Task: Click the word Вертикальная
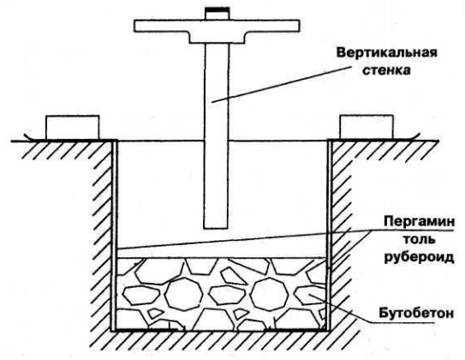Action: pyautogui.click(x=387, y=54)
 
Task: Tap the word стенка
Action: pyautogui.click(x=387, y=70)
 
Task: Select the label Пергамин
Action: pyautogui.click(x=419, y=222)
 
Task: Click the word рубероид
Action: pyautogui.click(x=420, y=257)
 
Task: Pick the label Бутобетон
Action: pyautogui.click(x=416, y=313)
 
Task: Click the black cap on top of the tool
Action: pyautogui.click(x=217, y=10)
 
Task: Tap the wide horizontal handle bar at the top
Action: pyautogui.click(x=217, y=26)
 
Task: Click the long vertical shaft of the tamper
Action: pyautogui.click(x=217, y=136)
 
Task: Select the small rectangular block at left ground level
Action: pyautogui.click(x=72, y=128)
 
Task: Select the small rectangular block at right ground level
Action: pyautogui.click(x=367, y=128)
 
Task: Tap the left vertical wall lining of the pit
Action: pyautogui.click(x=115, y=236)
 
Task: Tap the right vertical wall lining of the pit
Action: pyautogui.click(x=329, y=236)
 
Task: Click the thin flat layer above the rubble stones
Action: pyautogui.click(x=221, y=253)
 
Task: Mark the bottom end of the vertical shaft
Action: pyautogui.click(x=217, y=229)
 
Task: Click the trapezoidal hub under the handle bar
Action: pyautogui.click(x=217, y=38)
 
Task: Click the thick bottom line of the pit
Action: pyautogui.click(x=221, y=330)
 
